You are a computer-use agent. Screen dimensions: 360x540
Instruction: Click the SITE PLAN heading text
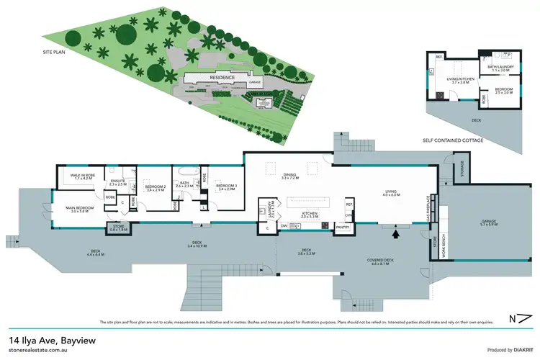coord(55,52)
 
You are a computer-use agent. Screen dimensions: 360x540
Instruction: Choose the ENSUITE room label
coord(117,181)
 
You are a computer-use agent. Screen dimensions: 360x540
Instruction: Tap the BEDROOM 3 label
coord(225,188)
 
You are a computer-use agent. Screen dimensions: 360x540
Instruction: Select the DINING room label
coord(289,174)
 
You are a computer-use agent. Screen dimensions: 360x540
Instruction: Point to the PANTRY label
coord(343,228)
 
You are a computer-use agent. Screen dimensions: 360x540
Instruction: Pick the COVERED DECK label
coord(382,262)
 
